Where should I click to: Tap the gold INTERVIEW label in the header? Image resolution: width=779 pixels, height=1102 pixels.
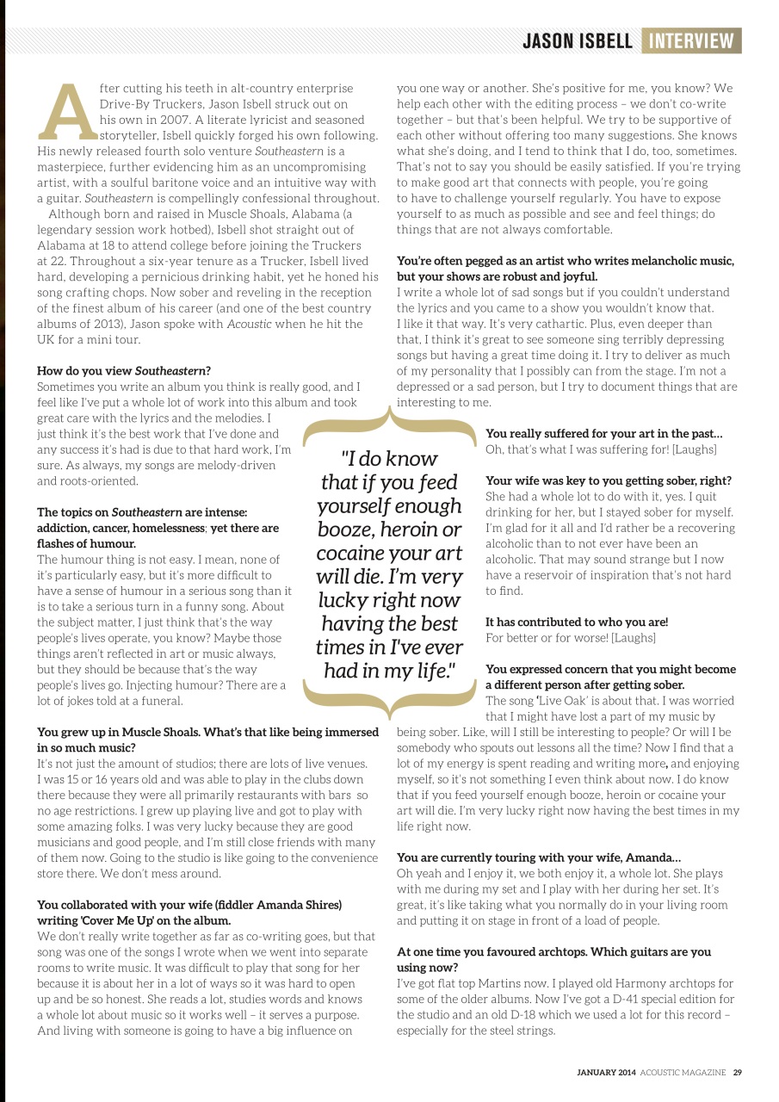coord(691,40)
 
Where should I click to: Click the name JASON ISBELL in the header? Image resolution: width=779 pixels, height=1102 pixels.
coord(578,40)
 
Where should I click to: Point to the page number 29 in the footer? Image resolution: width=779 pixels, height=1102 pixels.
coord(738,1073)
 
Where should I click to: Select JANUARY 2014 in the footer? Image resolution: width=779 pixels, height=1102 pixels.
coord(606,1073)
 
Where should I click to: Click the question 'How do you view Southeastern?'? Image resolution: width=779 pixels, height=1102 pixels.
coord(124,371)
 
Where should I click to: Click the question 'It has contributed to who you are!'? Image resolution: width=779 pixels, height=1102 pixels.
coord(576,622)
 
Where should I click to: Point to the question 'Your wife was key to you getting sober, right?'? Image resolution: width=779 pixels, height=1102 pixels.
coord(609,480)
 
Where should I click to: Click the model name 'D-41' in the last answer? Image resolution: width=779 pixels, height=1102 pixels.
coord(606,999)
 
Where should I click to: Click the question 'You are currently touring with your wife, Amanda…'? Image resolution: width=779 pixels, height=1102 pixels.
coord(538,857)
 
